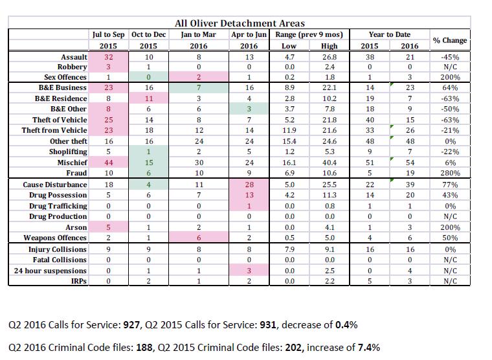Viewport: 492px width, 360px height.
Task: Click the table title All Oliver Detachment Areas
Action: pos(240,23)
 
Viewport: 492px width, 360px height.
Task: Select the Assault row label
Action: pos(74,57)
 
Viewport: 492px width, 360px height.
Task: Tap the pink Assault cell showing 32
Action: pos(109,57)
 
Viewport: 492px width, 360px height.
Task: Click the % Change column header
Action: pos(450,40)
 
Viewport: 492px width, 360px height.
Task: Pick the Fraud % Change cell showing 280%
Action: pos(450,173)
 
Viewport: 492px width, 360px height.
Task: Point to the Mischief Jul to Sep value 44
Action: pos(109,163)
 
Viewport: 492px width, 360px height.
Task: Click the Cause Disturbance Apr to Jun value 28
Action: pos(249,185)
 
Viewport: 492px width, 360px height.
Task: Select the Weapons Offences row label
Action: pos(55,238)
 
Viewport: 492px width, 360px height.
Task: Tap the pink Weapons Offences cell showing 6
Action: pos(199,238)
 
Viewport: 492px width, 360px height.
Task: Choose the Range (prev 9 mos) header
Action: pos(309,34)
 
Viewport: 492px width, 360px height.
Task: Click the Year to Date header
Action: pos(390,34)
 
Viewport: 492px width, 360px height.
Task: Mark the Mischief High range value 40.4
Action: pos(329,163)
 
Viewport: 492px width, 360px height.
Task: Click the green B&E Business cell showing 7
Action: pos(199,87)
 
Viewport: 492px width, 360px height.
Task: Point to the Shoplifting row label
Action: pos(68,152)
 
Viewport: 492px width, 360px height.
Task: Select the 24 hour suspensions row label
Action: pos(50,271)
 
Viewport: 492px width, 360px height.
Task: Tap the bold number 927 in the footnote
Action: pos(131,324)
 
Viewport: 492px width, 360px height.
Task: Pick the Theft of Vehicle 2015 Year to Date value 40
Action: pos(370,120)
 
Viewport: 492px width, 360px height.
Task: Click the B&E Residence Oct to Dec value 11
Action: pos(149,98)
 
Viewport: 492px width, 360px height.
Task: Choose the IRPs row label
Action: pos(79,281)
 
